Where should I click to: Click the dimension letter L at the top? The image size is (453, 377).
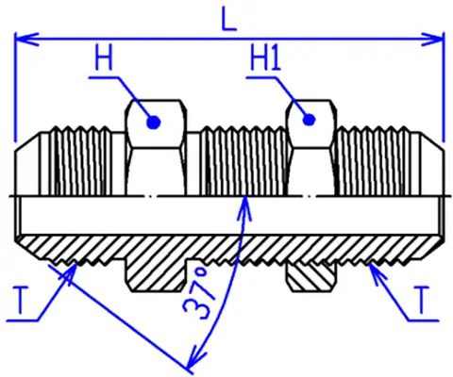click(228, 19)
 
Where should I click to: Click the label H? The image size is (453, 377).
click(104, 57)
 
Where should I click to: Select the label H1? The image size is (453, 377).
click(265, 57)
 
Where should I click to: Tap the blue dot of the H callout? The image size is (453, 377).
click(154, 122)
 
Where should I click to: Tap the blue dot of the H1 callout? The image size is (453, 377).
click(309, 120)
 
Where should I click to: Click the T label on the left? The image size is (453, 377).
click(20, 301)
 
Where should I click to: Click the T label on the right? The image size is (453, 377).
click(422, 301)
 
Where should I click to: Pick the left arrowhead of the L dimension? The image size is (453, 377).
click(26, 40)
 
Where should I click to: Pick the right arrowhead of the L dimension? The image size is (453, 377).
click(433, 40)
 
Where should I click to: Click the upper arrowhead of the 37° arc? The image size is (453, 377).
click(245, 207)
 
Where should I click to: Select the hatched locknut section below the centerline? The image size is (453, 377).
click(311, 277)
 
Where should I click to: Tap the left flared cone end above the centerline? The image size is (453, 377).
click(27, 164)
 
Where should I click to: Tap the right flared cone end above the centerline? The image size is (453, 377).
click(431, 164)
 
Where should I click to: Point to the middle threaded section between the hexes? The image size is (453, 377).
click(243, 161)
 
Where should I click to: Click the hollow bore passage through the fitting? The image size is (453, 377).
click(229, 216)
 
